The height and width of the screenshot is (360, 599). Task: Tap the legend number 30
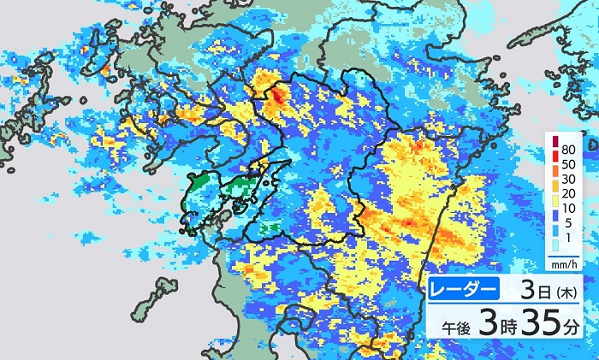pyautogui.click(x=570, y=183)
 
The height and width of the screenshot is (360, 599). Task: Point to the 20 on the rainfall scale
pyautogui.click(x=570, y=198)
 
